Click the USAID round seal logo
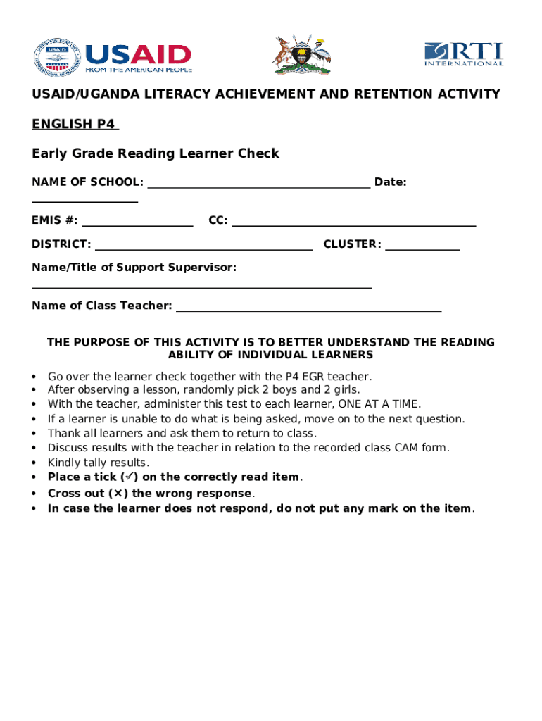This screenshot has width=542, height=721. pyautogui.click(x=56, y=57)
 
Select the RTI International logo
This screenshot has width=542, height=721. pyautogui.click(x=463, y=54)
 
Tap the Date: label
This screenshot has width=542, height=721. pyautogui.click(x=391, y=182)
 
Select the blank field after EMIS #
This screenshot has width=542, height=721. pyautogui.click(x=137, y=224)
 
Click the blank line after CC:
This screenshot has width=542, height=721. pyautogui.click(x=354, y=224)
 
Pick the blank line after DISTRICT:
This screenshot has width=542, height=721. pyautogui.click(x=203, y=248)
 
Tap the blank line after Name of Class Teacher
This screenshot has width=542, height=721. pyautogui.click(x=308, y=309)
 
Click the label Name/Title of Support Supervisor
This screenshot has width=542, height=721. pyautogui.click(x=134, y=268)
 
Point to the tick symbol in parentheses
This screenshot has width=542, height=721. pyautogui.click(x=132, y=477)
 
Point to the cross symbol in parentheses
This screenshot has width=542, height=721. pyautogui.click(x=117, y=494)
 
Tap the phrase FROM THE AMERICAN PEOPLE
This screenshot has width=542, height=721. pyautogui.click(x=139, y=70)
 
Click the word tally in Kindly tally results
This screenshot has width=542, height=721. pyautogui.click(x=94, y=463)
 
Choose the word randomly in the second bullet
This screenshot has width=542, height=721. pyautogui.click(x=184, y=389)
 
